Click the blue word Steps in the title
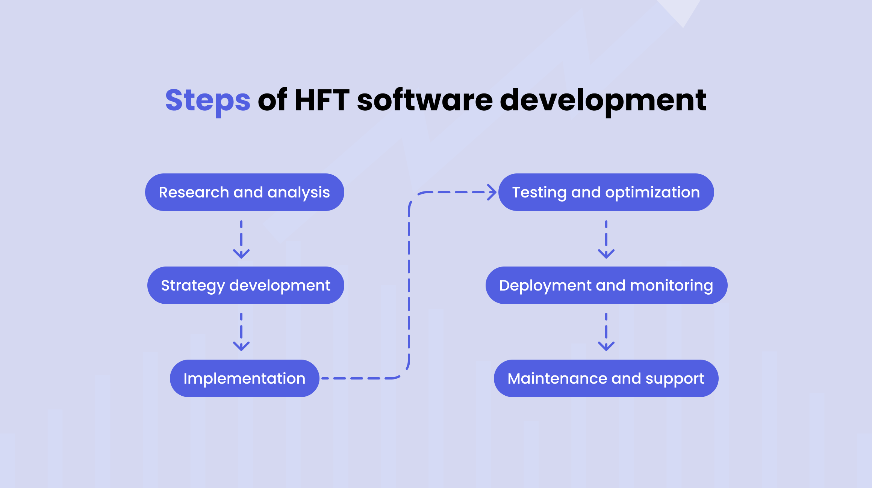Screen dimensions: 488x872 click(208, 101)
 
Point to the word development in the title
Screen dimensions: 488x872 click(603, 101)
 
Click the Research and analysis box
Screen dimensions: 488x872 click(244, 192)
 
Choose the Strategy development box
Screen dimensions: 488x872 click(245, 285)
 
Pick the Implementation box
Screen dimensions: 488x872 click(244, 378)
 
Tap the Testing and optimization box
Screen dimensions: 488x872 click(606, 192)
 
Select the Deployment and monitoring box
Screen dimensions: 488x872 click(606, 285)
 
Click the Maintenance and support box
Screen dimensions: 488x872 click(606, 378)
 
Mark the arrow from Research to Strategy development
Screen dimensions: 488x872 click(241, 240)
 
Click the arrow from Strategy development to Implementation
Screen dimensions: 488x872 click(241, 333)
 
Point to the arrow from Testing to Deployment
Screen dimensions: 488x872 click(606, 240)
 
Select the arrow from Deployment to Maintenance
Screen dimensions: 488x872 click(606, 333)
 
